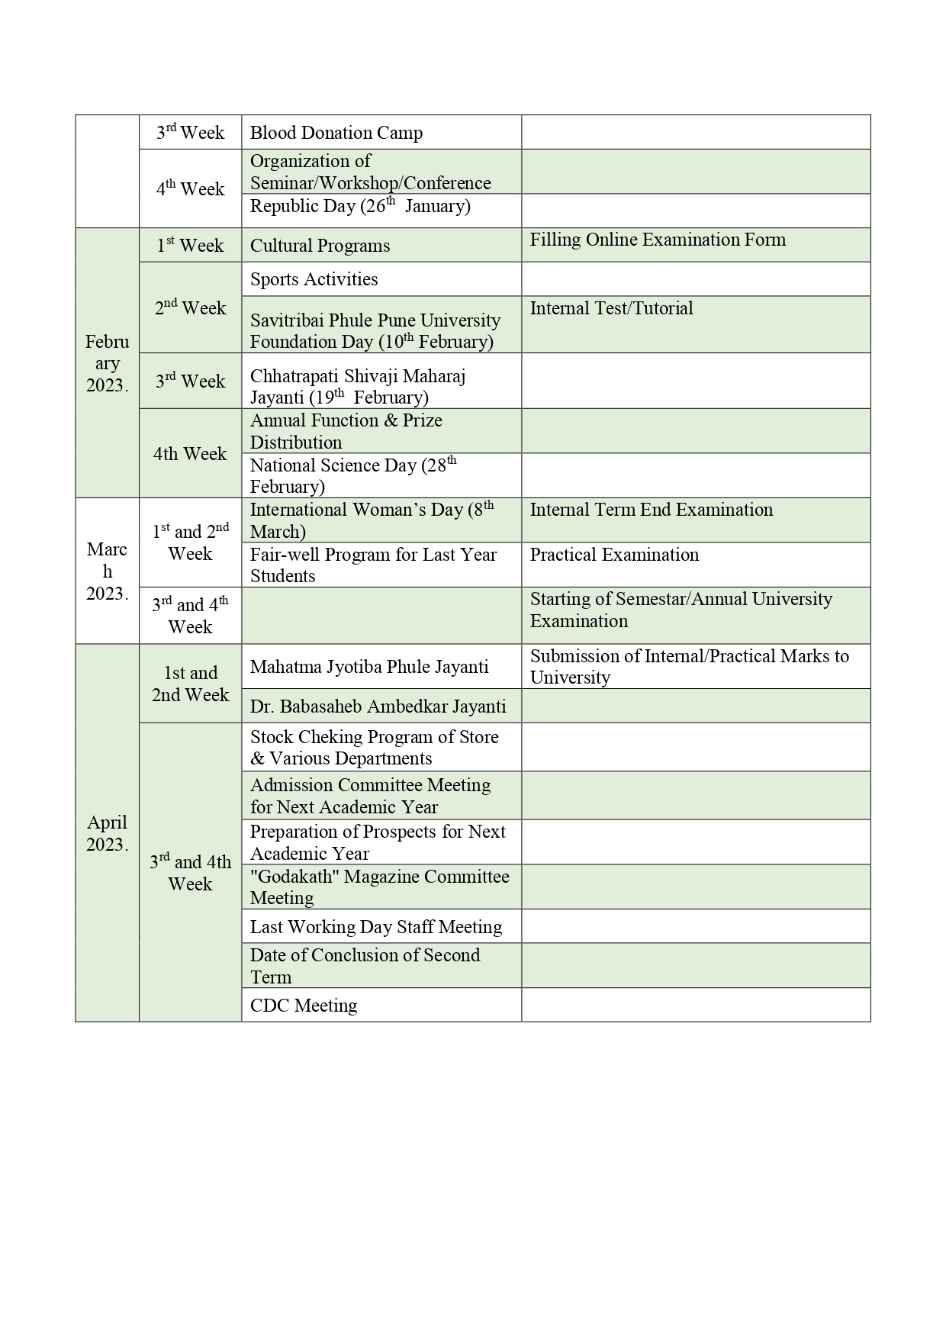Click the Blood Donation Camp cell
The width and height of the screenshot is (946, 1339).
tap(336, 133)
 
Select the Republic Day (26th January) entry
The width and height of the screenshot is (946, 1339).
tap(360, 206)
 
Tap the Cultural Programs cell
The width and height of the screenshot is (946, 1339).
tap(320, 246)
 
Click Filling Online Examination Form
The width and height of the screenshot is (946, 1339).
tap(658, 240)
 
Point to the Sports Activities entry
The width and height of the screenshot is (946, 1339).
tap(314, 279)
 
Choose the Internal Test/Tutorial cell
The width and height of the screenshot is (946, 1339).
tap(611, 308)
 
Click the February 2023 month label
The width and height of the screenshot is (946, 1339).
tap(107, 363)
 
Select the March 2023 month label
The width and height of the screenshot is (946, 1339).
tap(107, 571)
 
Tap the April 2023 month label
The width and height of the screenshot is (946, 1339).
tap(107, 833)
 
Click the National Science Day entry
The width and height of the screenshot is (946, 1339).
tap(352, 475)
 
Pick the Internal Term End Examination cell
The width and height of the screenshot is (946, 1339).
tap(651, 510)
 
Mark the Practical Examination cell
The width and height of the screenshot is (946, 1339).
tap(614, 555)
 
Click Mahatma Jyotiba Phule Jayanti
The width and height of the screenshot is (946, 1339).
tap(369, 667)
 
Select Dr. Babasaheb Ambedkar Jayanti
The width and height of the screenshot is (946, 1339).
tap(378, 707)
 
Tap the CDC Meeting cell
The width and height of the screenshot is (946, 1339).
tap(304, 1006)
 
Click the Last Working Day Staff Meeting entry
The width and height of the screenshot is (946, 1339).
tap(376, 927)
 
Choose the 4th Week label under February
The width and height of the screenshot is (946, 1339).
tap(190, 454)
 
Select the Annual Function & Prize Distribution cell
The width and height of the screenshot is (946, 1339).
tap(346, 431)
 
